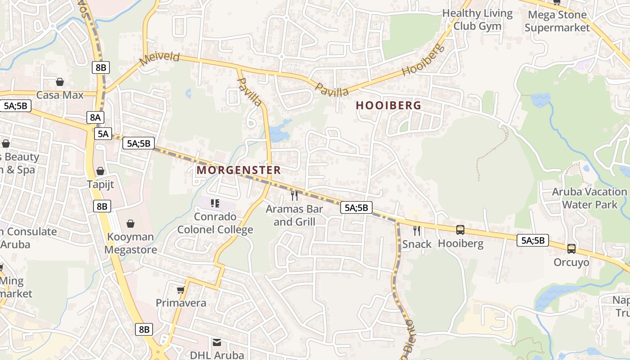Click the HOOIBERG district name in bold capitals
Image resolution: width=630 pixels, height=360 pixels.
tap(388, 105)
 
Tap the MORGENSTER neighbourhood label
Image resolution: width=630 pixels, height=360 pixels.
tap(238, 170)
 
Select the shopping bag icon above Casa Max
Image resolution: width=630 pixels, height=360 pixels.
tap(59, 82)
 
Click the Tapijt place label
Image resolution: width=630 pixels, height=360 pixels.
tap(100, 184)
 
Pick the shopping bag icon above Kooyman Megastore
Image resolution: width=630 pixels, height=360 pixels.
tap(130, 224)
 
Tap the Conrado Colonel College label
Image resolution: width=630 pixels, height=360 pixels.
tap(215, 223)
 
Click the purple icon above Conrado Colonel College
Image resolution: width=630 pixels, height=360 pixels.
tap(215, 203)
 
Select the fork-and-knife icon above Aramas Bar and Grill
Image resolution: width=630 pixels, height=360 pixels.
tap(294, 195)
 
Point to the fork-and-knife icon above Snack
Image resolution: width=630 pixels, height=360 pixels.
tap(417, 231)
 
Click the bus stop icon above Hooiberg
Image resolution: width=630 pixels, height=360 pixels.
tap(460, 230)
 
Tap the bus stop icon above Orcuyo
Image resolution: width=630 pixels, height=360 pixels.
tap(571, 248)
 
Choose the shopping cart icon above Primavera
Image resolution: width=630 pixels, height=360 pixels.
tap(181, 290)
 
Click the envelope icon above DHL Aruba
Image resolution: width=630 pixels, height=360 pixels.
tap(217, 342)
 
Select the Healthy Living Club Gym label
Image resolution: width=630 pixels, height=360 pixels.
tap(477, 20)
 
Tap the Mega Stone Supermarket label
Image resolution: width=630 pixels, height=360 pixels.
tap(557, 21)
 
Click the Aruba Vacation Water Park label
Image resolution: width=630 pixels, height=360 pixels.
tap(589, 198)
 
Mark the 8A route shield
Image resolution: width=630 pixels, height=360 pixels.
tap(95, 117)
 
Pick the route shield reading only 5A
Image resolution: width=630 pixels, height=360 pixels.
tap(103, 134)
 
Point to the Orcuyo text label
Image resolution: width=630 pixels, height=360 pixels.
tap(571, 262)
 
